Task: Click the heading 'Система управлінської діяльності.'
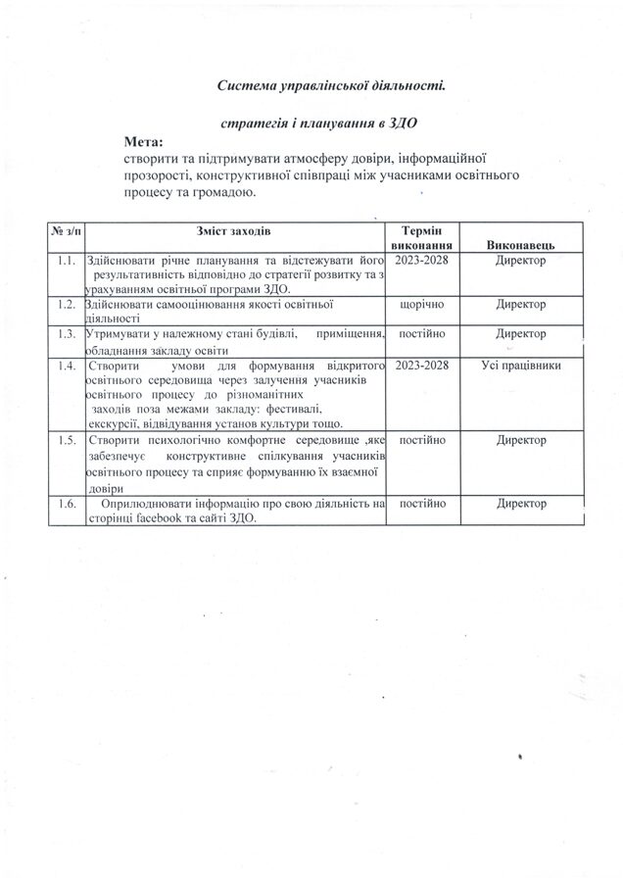pyautogui.click(x=331, y=86)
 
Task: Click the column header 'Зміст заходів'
pyautogui.click(x=231, y=230)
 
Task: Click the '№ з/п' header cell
pyautogui.click(x=67, y=230)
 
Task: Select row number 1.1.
pyautogui.click(x=67, y=261)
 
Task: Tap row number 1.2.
pyautogui.click(x=67, y=306)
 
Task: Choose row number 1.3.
pyautogui.click(x=67, y=335)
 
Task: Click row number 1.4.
pyautogui.click(x=67, y=366)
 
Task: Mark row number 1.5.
pyautogui.click(x=67, y=441)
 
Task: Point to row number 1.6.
pyautogui.click(x=67, y=503)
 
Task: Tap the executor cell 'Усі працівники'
pyautogui.click(x=520, y=366)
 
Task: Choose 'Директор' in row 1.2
pyautogui.click(x=520, y=306)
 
